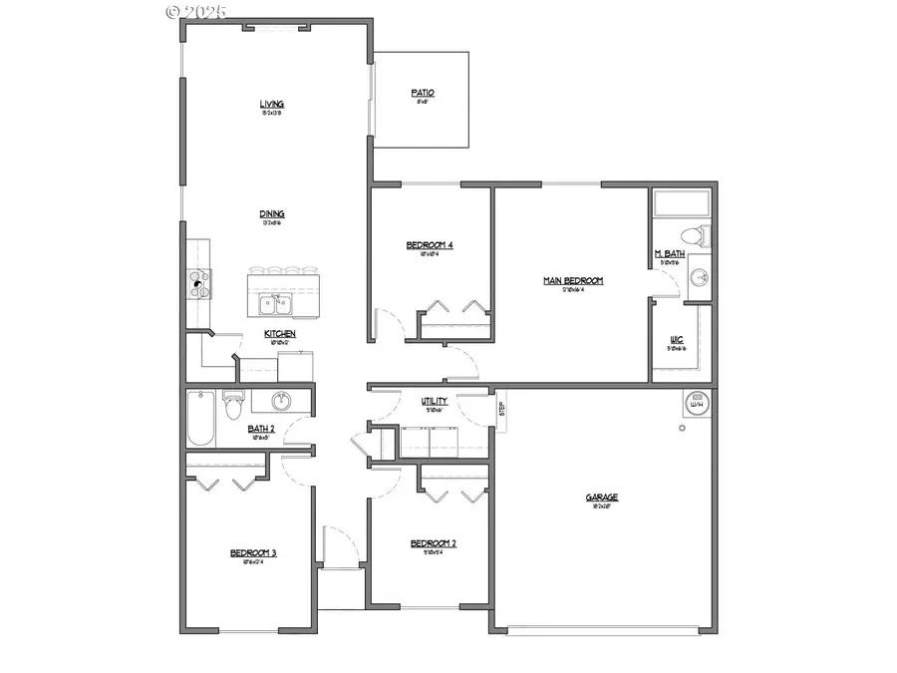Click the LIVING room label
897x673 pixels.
[x=272, y=104]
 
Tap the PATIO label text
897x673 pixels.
[x=423, y=93]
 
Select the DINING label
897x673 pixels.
[x=272, y=213]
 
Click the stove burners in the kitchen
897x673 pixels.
[x=198, y=284]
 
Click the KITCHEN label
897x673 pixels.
[x=279, y=334]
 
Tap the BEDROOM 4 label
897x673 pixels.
[x=430, y=245]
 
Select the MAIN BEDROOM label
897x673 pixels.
[x=573, y=281]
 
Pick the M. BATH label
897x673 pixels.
[x=669, y=254]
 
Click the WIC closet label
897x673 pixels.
[x=676, y=339]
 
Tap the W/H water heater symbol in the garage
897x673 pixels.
[x=698, y=404]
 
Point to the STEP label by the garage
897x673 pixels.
[x=501, y=410]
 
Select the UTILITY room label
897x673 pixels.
[x=434, y=401]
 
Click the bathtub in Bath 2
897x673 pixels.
[x=199, y=419]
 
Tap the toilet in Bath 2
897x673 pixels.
[x=234, y=407]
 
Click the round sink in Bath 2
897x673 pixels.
[x=281, y=402]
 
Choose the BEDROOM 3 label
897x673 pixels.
[x=253, y=553]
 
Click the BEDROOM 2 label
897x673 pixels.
[x=434, y=543]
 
